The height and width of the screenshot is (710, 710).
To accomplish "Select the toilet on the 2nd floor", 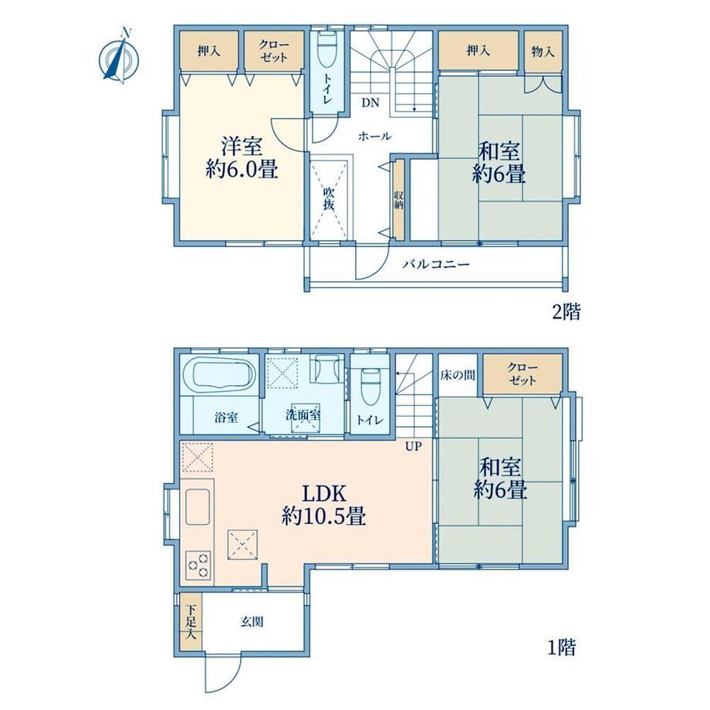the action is click(x=327, y=48).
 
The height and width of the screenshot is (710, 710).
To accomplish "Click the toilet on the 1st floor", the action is click(x=370, y=386).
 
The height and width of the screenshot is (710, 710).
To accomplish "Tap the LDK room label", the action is click(x=324, y=504).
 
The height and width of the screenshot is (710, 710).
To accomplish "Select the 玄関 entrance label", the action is click(x=252, y=622).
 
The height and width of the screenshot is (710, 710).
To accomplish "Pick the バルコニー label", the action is click(x=436, y=263).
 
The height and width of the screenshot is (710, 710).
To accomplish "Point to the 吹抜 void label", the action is click(x=330, y=198).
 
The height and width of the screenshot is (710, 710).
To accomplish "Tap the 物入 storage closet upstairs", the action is click(x=543, y=50).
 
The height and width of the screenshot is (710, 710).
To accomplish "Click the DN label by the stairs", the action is click(x=370, y=103).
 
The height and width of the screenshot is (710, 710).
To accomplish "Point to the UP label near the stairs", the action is click(x=413, y=447).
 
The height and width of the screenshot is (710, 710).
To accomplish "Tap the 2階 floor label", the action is click(x=566, y=313).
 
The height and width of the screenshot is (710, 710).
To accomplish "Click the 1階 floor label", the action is click(x=562, y=647).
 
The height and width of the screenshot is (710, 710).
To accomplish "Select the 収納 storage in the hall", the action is click(x=399, y=200).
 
